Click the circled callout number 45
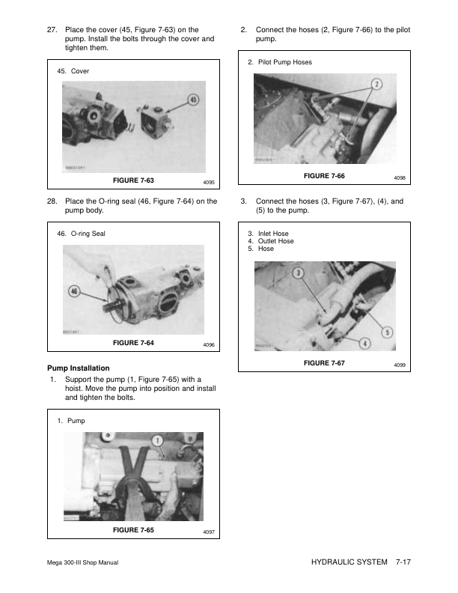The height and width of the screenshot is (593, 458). click(x=192, y=100)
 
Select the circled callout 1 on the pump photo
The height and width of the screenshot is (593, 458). click(x=157, y=441)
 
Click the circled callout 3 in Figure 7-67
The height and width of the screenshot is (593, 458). click(x=297, y=273)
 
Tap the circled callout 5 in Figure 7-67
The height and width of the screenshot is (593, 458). click(x=387, y=332)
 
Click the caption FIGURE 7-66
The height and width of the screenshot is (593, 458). click(x=324, y=175)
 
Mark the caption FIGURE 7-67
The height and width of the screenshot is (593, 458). click(x=324, y=362)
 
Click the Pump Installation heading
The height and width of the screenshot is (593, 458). click(x=79, y=368)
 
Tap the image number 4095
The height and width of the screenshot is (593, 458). click(x=209, y=183)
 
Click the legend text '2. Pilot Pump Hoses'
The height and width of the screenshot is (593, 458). click(x=279, y=62)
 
